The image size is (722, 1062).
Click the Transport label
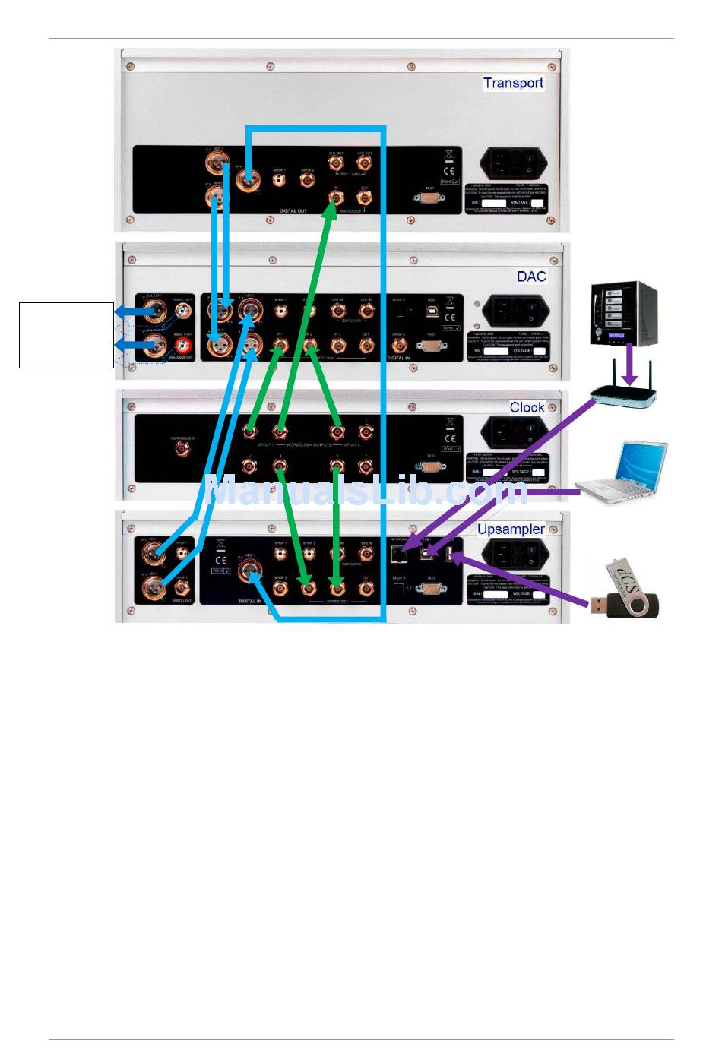[513, 83]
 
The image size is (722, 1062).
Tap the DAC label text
[531, 276]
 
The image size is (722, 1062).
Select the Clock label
[527, 407]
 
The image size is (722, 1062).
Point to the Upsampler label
[511, 529]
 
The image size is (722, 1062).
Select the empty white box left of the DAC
[66, 335]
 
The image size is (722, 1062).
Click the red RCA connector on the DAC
[183, 348]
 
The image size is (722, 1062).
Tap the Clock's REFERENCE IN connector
[182, 447]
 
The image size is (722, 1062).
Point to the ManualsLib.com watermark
[365, 490]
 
